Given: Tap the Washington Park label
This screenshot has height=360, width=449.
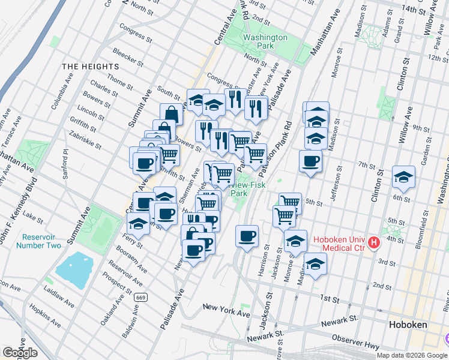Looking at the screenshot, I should pos(265,41).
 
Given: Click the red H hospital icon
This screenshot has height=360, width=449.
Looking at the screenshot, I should pos(375,243).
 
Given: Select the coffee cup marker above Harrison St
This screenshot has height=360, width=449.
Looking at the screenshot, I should pos(247,236).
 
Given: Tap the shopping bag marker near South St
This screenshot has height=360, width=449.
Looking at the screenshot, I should pos(172,113).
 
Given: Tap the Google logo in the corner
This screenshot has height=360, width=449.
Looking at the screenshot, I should pos(20,353).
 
